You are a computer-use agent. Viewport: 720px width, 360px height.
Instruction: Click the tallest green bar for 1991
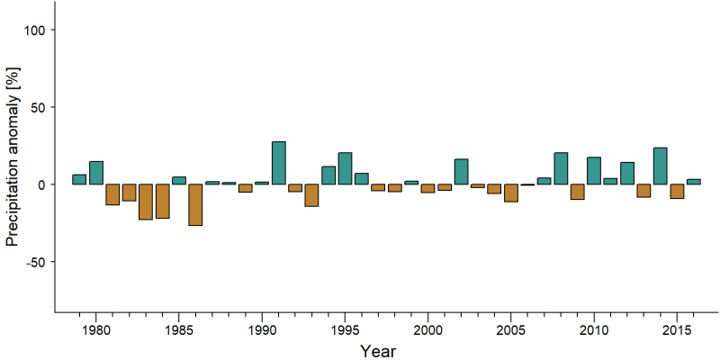pyautogui.click(x=279, y=163)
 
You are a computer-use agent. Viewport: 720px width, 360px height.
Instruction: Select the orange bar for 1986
pyautogui.click(x=195, y=205)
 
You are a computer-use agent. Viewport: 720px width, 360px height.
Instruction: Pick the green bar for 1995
pyautogui.click(x=345, y=168)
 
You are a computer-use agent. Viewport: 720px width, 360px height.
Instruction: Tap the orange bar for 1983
pyautogui.click(x=146, y=202)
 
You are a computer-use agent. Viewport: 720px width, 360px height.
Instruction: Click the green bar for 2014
pyautogui.click(x=661, y=166)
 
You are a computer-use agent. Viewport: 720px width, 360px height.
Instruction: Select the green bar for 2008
pyautogui.click(x=561, y=168)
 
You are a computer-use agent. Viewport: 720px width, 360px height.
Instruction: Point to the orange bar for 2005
pyautogui.click(x=511, y=193)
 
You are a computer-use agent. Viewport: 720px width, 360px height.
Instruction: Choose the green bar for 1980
pyautogui.click(x=96, y=173)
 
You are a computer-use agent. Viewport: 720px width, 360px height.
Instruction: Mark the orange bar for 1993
pyautogui.click(x=311, y=195)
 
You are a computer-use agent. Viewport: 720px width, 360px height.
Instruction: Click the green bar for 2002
pyautogui.click(x=461, y=172)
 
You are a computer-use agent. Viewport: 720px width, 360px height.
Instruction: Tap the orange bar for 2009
pyautogui.click(x=577, y=192)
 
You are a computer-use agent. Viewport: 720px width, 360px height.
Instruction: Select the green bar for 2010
pyautogui.click(x=594, y=171)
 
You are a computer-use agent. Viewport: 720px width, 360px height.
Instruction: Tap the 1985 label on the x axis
pyautogui.click(x=179, y=330)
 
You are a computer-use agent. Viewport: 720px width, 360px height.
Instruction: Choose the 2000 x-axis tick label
pyautogui.click(x=428, y=330)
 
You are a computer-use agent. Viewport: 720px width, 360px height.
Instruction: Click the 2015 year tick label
pyautogui.click(x=677, y=330)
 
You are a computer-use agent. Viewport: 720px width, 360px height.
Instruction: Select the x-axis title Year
pyautogui.click(x=377, y=351)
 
